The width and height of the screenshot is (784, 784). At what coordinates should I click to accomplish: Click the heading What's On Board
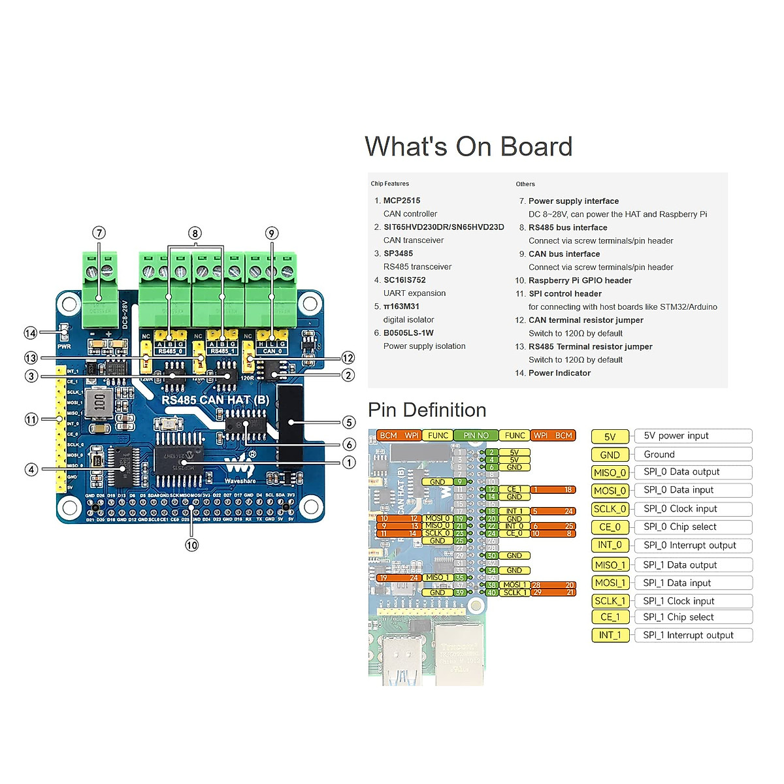coord(468,147)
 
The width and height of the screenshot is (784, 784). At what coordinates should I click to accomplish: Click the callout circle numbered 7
coord(99,233)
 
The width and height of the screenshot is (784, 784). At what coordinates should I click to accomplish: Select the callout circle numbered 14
coord(31,333)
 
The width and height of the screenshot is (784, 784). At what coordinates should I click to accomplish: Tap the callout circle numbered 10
coord(191,545)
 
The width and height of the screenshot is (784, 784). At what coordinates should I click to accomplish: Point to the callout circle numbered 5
coord(349,423)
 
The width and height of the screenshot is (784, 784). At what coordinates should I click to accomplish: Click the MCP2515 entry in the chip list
coord(402,201)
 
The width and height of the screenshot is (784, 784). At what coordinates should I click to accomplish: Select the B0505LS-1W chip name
coord(408,333)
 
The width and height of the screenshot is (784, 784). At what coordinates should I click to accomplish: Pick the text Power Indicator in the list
coord(559,373)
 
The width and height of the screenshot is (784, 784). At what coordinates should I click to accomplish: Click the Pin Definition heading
coord(427,410)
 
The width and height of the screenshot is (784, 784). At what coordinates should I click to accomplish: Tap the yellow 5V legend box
coord(610,436)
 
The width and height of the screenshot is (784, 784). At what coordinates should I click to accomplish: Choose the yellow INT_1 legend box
coord(610,635)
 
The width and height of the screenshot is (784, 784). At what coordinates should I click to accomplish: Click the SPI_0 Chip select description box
coord(693,527)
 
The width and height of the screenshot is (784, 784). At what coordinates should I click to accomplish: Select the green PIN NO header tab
coord(476,436)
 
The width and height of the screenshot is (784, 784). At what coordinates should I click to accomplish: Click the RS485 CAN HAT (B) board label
coord(215,400)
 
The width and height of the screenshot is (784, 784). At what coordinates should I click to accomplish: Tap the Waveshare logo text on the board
coord(240,481)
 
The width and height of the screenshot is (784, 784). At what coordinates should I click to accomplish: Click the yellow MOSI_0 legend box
coord(610,491)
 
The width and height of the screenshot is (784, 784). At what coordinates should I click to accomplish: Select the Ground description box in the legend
coord(693,455)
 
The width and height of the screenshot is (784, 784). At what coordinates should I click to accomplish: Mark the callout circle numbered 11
coord(31,419)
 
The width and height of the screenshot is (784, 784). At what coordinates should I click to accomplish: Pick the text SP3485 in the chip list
coord(398,253)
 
